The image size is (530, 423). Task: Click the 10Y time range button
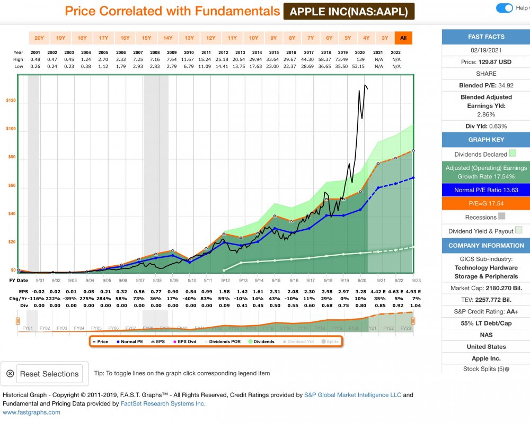click(x=254, y=38)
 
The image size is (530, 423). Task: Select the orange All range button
click(x=403, y=38)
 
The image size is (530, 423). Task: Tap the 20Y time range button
click(x=39, y=38)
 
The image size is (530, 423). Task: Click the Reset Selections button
click(x=50, y=374)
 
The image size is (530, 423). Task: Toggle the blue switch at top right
click(x=505, y=8)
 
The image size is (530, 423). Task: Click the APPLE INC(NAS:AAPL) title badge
click(x=349, y=11)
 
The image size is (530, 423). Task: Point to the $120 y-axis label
click(x=10, y=101)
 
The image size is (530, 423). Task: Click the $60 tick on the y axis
click(x=11, y=186)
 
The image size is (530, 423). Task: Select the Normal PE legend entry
click(x=129, y=341)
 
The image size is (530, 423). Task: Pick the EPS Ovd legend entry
click(x=184, y=341)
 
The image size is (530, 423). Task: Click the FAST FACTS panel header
click(x=486, y=37)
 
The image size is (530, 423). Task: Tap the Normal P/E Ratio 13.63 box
click(x=486, y=190)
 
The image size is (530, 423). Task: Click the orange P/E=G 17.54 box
click(x=486, y=203)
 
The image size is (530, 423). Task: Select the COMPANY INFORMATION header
click(x=486, y=246)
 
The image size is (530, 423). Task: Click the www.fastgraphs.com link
click(x=32, y=412)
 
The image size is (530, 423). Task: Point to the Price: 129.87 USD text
click(x=486, y=62)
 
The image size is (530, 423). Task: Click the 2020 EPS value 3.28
click(x=360, y=292)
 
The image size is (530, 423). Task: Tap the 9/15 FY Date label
click(x=276, y=280)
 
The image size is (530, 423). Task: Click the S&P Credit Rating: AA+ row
click(x=486, y=311)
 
